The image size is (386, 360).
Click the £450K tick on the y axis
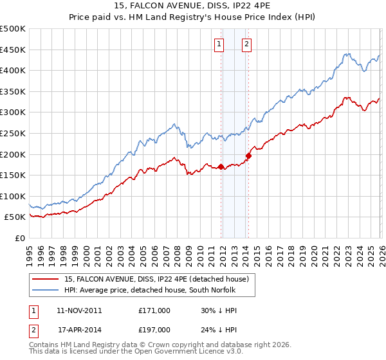coord(13,50)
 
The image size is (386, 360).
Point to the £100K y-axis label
coord(13,196)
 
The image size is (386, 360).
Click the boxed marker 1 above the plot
coord(219,44)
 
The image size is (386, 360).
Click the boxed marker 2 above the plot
coord(246,44)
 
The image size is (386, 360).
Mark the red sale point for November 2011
coord(221,167)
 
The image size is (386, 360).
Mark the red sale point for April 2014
coord(248,155)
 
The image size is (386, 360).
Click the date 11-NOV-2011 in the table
coord(79,310)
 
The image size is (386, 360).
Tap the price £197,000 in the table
coord(154,329)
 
